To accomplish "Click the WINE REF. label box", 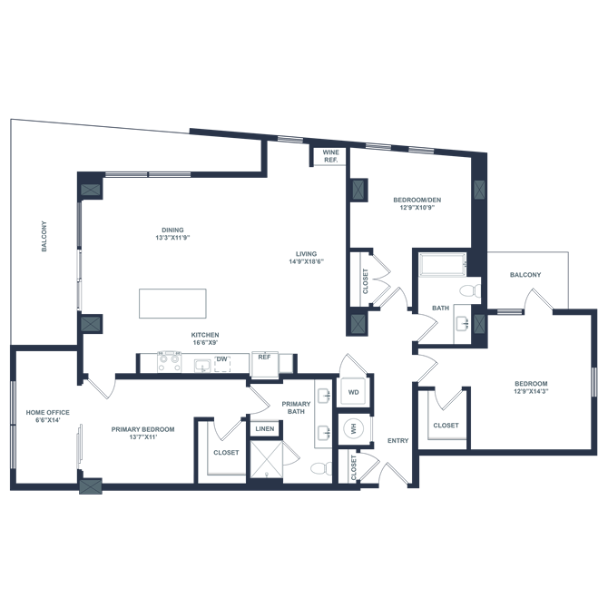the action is (326, 156).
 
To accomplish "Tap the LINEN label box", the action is (264, 428).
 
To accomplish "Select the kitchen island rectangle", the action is (172, 303).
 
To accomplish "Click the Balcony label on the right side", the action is (525, 275).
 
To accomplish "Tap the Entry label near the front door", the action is (396, 441).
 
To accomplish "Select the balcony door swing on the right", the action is (543, 300).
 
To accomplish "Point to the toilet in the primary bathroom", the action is (320, 468).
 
